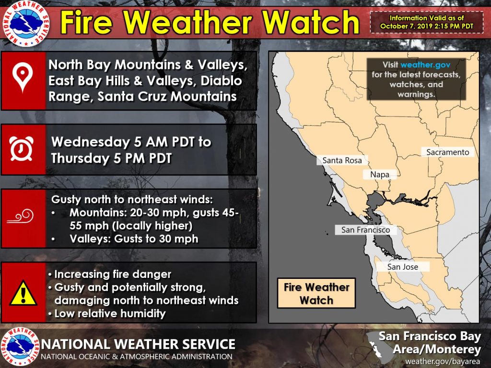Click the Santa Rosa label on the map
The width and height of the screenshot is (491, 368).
pyautogui.click(x=342, y=160)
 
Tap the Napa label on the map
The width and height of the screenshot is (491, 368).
pyautogui.click(x=380, y=174)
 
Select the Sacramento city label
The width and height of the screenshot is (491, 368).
pyautogui.click(x=447, y=152)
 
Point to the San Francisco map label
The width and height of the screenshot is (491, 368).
pyautogui.click(x=365, y=230)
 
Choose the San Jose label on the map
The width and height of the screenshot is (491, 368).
pyautogui.click(x=402, y=267)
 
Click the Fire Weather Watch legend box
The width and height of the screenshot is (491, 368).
pyautogui.click(x=316, y=293)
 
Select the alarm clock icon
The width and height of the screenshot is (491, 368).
pyautogui.click(x=21, y=149)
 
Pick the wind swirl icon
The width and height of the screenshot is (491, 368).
pyautogui.click(x=21, y=216)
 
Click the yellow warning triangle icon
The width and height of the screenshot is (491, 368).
pyautogui.click(x=23, y=293)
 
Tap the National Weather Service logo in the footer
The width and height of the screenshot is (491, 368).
pyautogui.click(x=20, y=346)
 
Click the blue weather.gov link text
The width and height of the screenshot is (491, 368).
pyautogui.click(x=425, y=65)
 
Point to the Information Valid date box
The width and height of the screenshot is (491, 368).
pyautogui.click(x=426, y=22)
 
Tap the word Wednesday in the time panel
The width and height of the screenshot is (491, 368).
pyautogui.click(x=91, y=142)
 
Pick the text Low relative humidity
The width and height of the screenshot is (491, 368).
pyautogui.click(x=110, y=313)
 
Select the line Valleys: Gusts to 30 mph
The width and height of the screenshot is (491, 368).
pyautogui.click(x=134, y=239)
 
